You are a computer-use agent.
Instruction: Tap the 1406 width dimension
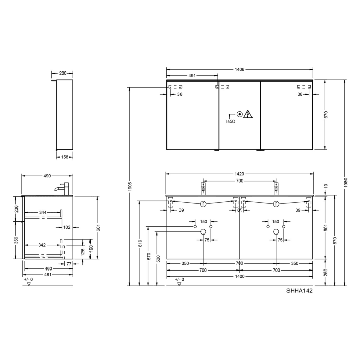pyautogui.click(x=239, y=69)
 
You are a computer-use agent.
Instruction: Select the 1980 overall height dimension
pyautogui.click(x=346, y=182)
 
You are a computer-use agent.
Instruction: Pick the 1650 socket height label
pyautogui.click(x=230, y=122)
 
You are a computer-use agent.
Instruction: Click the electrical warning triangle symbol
pyautogui.click(x=249, y=114)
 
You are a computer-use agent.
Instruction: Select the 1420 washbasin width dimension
pyautogui.click(x=239, y=174)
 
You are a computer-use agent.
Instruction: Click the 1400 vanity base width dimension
pyautogui.click(x=239, y=277)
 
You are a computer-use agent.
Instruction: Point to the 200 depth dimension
pyautogui.click(x=63, y=73)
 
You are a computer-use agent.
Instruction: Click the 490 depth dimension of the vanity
pyautogui.click(x=47, y=176)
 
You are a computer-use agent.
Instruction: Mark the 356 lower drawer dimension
pyautogui.click(x=16, y=240)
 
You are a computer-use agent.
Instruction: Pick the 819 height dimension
pyautogui.click(x=140, y=243)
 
